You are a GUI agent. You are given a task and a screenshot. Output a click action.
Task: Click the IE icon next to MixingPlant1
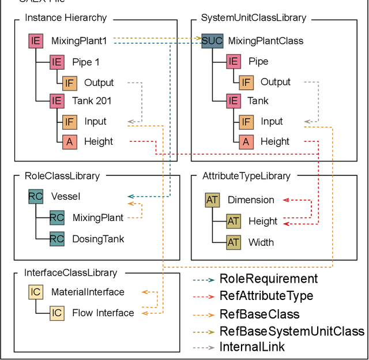click(36, 41)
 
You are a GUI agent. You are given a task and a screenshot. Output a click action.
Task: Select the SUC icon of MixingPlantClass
click(212, 41)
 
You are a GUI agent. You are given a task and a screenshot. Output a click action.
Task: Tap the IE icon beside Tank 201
click(57, 101)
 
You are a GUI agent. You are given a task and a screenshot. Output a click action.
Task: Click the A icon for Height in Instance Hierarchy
click(69, 141)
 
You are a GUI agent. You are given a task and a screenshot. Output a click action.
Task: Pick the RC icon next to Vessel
click(36, 197)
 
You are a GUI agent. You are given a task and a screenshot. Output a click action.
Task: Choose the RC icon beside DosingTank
click(57, 239)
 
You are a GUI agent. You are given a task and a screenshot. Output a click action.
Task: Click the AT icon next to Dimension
click(212, 200)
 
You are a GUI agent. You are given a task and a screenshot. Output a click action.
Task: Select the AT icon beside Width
click(233, 242)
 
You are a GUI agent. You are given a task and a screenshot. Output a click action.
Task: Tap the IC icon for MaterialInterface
click(36, 292)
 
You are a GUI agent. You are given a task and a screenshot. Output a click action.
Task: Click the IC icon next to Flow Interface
click(57, 313)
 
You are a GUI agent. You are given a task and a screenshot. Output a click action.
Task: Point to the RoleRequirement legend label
click(268, 279)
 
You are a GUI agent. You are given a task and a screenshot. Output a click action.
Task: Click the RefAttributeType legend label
click(266, 296)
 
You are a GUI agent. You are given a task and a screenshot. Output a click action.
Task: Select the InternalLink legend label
click(252, 347)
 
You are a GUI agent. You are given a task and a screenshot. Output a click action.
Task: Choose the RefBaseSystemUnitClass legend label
click(292, 331)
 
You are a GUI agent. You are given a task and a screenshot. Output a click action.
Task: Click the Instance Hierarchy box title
click(66, 18)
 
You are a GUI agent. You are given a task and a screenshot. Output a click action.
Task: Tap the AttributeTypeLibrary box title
click(246, 176)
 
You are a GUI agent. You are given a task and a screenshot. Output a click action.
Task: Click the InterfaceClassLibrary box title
click(70, 272)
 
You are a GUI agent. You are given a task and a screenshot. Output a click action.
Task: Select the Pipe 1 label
click(86, 62)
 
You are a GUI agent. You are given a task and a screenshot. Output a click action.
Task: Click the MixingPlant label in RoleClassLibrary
click(98, 218)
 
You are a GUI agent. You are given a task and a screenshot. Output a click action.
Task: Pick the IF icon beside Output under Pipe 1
click(69, 82)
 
